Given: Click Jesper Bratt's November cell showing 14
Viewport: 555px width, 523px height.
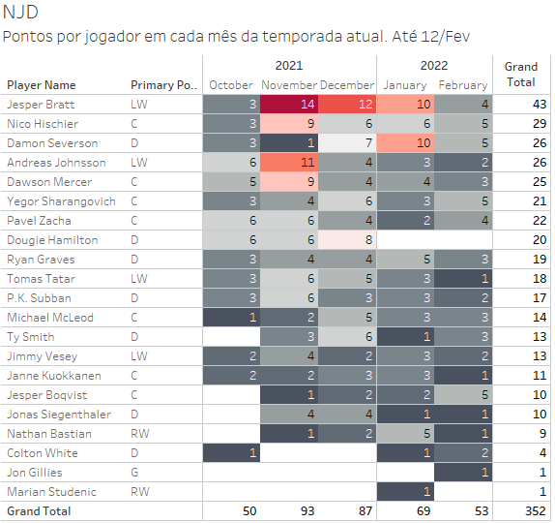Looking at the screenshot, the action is [289, 105].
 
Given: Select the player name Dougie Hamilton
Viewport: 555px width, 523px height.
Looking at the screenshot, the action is [52, 240].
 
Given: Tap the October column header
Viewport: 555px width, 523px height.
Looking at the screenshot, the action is [231, 85].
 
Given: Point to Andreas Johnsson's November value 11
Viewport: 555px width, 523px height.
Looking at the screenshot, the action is [289, 163].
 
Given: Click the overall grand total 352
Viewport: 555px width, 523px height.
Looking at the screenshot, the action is [536, 511].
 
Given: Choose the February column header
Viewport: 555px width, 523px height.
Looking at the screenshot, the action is [463, 85].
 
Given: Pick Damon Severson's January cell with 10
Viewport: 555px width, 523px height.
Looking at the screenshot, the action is [405, 143].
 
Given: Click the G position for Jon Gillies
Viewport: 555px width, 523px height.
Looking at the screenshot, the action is [134, 473].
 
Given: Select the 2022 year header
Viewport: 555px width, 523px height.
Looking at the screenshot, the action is [434, 66].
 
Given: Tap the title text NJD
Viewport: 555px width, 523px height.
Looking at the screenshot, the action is [20, 12].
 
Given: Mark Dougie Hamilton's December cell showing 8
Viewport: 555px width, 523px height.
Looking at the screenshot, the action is [347, 240].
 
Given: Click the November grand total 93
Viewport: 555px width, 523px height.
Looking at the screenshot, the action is [307, 511].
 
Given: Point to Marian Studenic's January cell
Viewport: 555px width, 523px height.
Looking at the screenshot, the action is [405, 492].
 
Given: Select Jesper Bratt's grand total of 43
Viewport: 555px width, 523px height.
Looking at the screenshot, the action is [540, 105].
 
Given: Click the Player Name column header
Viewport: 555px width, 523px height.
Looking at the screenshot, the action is [41, 85].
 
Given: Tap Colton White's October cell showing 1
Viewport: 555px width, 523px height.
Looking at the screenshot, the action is [231, 453].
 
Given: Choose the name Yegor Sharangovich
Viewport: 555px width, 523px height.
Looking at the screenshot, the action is [61, 201].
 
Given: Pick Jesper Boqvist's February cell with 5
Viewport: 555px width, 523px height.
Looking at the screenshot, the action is [463, 395].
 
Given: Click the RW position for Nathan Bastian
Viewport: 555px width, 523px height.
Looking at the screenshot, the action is [140, 434].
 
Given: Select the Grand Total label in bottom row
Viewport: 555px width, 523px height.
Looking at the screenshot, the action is [39, 511].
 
